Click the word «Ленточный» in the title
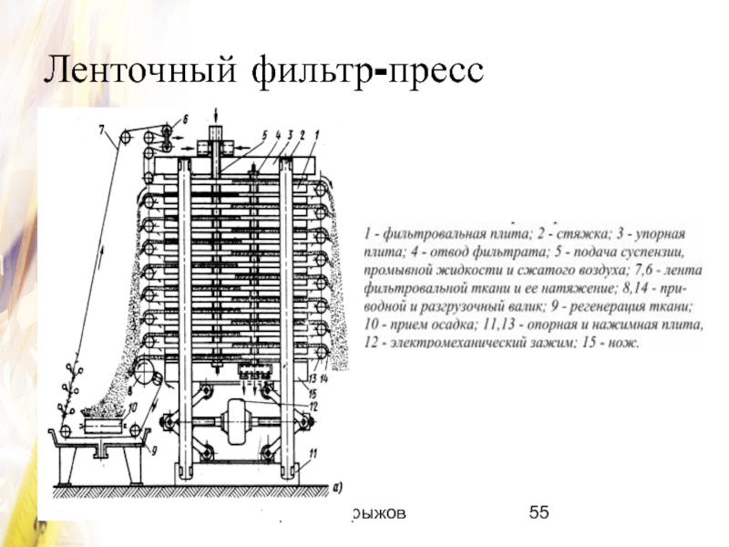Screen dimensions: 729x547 pos(133,71)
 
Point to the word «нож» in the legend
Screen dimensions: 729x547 pos(628,343)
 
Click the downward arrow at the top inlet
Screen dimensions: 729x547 pos(215,117)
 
